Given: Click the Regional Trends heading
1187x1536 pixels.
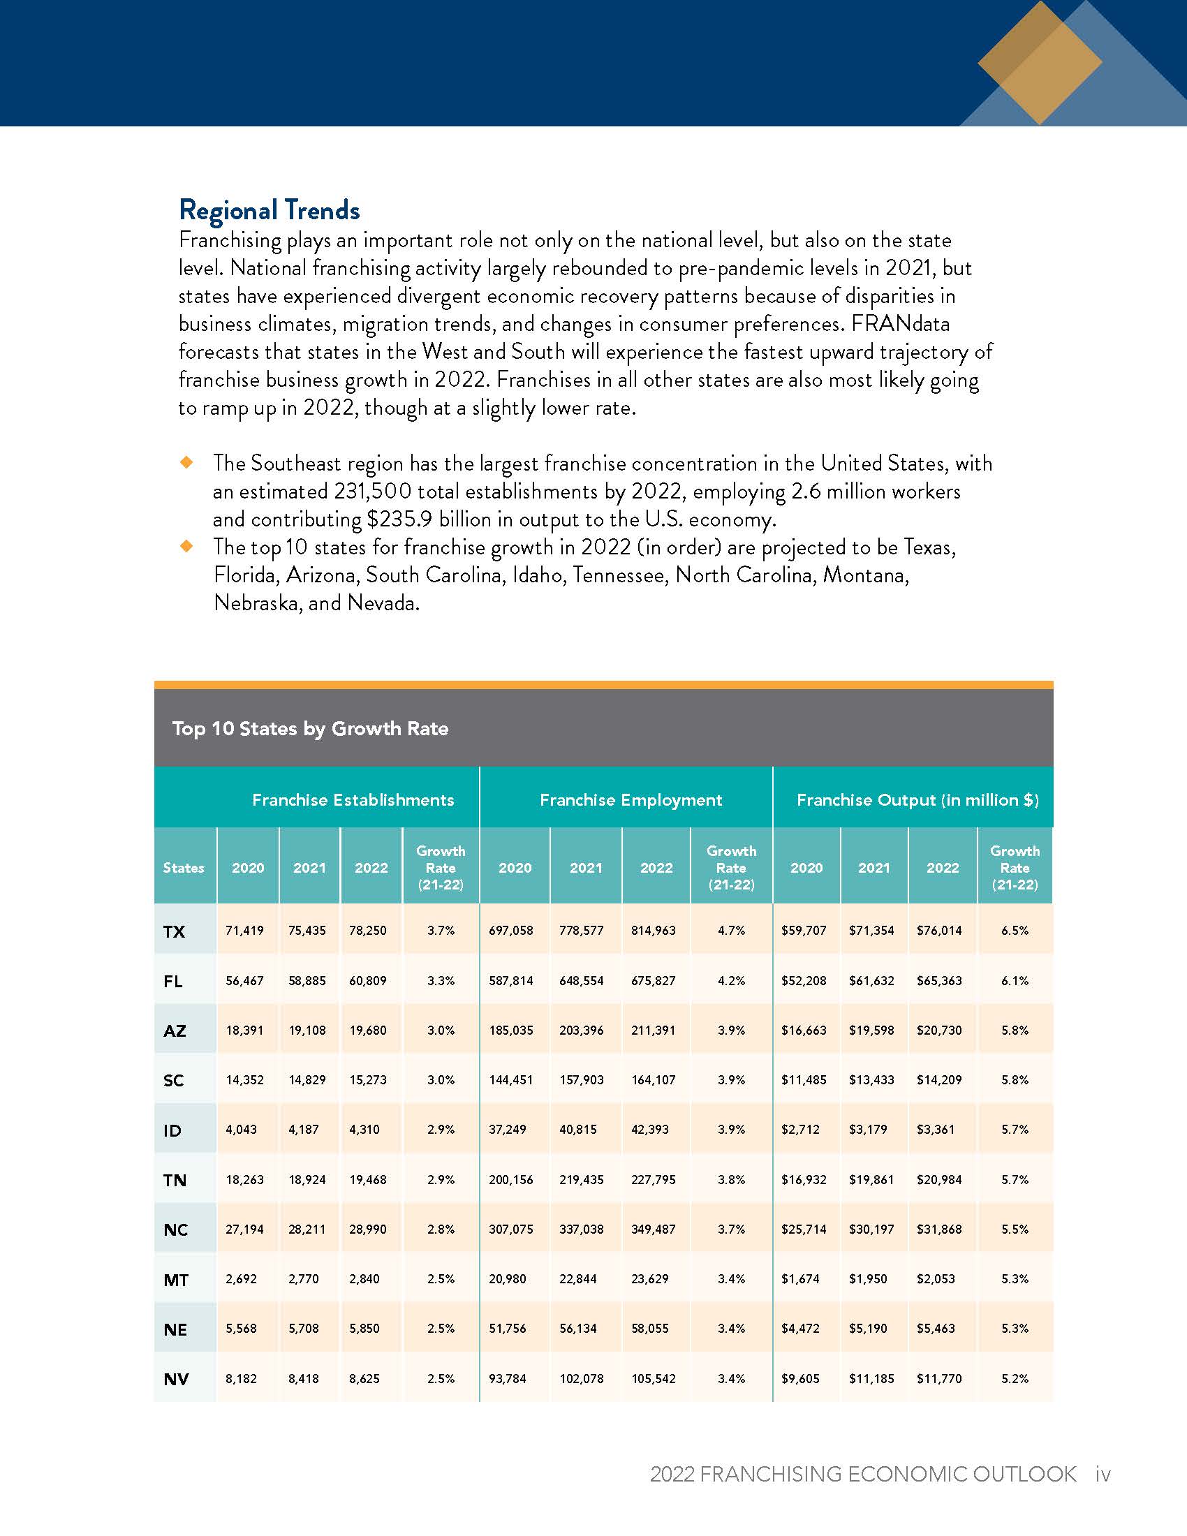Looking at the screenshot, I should tap(270, 209).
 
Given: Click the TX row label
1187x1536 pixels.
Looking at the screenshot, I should tap(174, 931).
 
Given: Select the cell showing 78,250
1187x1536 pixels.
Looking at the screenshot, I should tap(368, 930).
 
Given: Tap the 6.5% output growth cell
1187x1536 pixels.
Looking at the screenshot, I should tap(1015, 930).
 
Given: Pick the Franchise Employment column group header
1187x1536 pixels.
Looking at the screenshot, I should tap(631, 799).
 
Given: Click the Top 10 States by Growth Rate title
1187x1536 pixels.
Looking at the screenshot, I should tap(310, 728).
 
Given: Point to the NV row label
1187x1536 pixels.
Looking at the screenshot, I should tap(176, 1378).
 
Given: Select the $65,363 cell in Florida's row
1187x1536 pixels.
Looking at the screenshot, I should tap(938, 980).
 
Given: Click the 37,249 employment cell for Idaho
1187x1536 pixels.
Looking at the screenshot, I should tap(508, 1129).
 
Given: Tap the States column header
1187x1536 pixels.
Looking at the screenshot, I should tap(184, 867).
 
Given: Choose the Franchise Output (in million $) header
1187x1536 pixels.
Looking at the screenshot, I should tap(917, 799).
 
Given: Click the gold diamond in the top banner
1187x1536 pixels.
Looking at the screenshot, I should tap(1040, 64).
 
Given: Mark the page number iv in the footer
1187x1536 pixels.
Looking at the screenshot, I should tap(1103, 1473).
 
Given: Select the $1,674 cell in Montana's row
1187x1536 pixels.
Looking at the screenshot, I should tap(800, 1278).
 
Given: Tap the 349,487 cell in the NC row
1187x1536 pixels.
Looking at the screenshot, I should tap(654, 1229).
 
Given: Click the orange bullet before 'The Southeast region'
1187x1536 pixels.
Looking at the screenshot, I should tap(186, 462).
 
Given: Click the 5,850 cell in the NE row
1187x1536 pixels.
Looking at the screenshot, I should tap(364, 1328).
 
